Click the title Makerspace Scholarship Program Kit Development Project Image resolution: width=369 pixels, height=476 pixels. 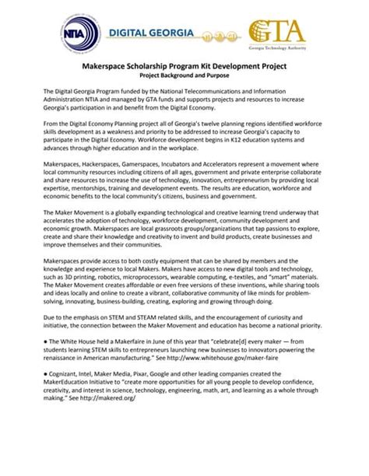184,68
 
